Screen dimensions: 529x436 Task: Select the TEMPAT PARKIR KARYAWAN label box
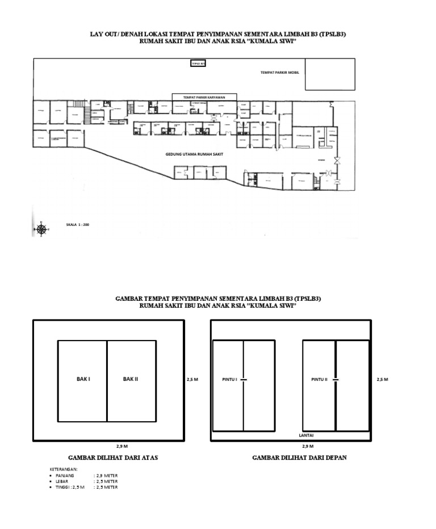pos(204,97)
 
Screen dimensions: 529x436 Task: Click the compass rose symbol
pos(41,229)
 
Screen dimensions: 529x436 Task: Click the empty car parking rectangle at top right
pos(330,74)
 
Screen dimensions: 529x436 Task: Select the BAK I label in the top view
pos(83,379)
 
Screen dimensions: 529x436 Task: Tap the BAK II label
pos(131,379)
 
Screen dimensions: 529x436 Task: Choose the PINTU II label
pos(320,379)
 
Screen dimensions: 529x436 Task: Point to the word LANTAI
pos(306,435)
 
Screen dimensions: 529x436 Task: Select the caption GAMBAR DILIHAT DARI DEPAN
pos(292,457)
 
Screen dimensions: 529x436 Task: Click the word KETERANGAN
pos(64,470)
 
